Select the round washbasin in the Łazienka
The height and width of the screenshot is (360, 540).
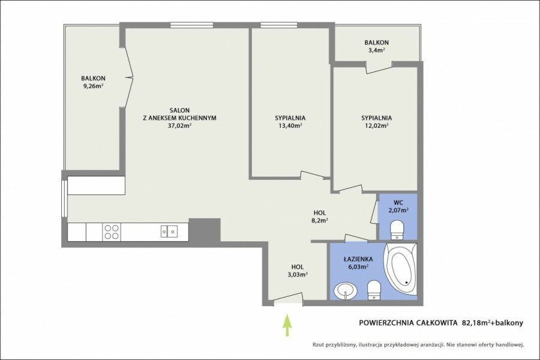(x=346, y=292)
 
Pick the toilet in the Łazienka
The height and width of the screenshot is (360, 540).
(x=374, y=290)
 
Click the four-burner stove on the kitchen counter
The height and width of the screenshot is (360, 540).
(x=111, y=232)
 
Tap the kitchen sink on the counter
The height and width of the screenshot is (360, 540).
(x=169, y=231)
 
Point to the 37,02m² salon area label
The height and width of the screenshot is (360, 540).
(x=179, y=126)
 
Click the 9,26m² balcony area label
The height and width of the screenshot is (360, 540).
(x=93, y=86)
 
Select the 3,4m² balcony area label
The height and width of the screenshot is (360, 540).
(x=376, y=50)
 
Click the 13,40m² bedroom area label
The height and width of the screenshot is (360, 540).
(x=290, y=126)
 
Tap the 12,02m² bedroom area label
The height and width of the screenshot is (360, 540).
(x=376, y=126)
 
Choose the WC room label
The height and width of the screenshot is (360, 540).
(x=398, y=202)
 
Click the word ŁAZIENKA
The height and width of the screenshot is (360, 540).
(x=358, y=259)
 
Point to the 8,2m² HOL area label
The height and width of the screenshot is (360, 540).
(x=320, y=221)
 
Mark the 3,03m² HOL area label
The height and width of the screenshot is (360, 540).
(x=297, y=275)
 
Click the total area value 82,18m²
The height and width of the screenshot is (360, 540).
(x=476, y=323)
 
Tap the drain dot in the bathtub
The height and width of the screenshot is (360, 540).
(x=407, y=283)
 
